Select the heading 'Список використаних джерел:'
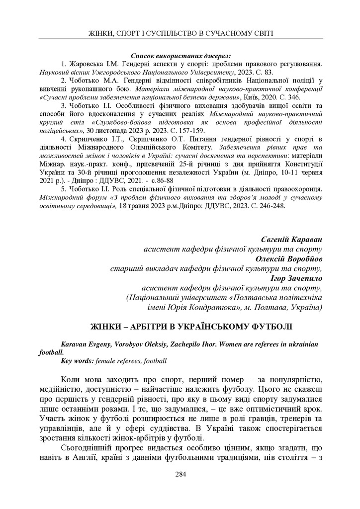(x=180, y=56)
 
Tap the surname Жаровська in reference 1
(x=87, y=64)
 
